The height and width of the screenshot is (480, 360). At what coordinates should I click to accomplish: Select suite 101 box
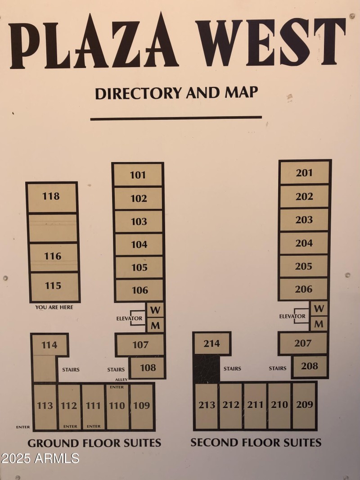(x=138, y=175)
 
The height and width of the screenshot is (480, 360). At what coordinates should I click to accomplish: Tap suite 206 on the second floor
(x=304, y=289)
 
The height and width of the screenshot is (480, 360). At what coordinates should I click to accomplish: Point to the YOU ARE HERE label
(x=54, y=308)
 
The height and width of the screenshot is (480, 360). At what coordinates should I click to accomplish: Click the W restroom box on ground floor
(x=155, y=310)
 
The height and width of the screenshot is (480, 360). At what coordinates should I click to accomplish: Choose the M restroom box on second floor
(x=319, y=323)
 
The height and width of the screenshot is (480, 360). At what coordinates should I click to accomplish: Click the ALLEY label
(x=121, y=380)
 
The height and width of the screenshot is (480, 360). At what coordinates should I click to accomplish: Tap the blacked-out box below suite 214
(x=207, y=369)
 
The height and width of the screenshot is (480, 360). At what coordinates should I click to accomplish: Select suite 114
(x=49, y=345)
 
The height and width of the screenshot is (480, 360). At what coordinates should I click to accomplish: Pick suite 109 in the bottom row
(x=142, y=406)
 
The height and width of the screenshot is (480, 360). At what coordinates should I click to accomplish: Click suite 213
(x=207, y=405)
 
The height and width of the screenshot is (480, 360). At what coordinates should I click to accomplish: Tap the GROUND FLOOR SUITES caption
(x=94, y=443)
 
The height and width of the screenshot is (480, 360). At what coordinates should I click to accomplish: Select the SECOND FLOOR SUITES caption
(x=256, y=442)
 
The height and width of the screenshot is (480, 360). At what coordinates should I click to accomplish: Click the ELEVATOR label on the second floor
(x=292, y=317)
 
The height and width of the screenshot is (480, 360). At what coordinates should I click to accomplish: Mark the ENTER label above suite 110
(x=117, y=387)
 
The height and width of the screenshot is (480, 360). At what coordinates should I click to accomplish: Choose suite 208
(x=310, y=366)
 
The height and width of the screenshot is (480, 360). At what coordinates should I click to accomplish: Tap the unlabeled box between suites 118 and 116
(x=53, y=228)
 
